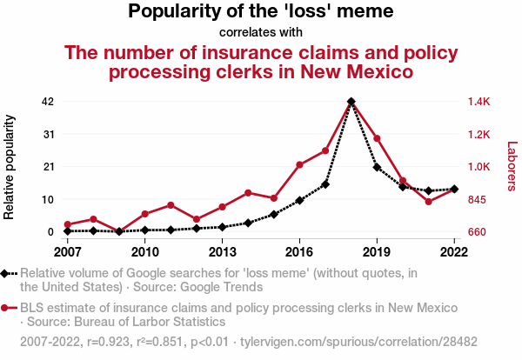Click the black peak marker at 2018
tap(351, 102)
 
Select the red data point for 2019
tap(377, 138)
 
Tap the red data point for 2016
tap(299, 164)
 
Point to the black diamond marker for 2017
tap(325, 183)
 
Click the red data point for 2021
tap(429, 202)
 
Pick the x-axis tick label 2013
tap(222, 251)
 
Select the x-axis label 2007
tap(67, 251)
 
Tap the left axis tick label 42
tap(49, 102)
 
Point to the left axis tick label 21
tap(49, 167)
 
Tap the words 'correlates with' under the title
tap(261, 33)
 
